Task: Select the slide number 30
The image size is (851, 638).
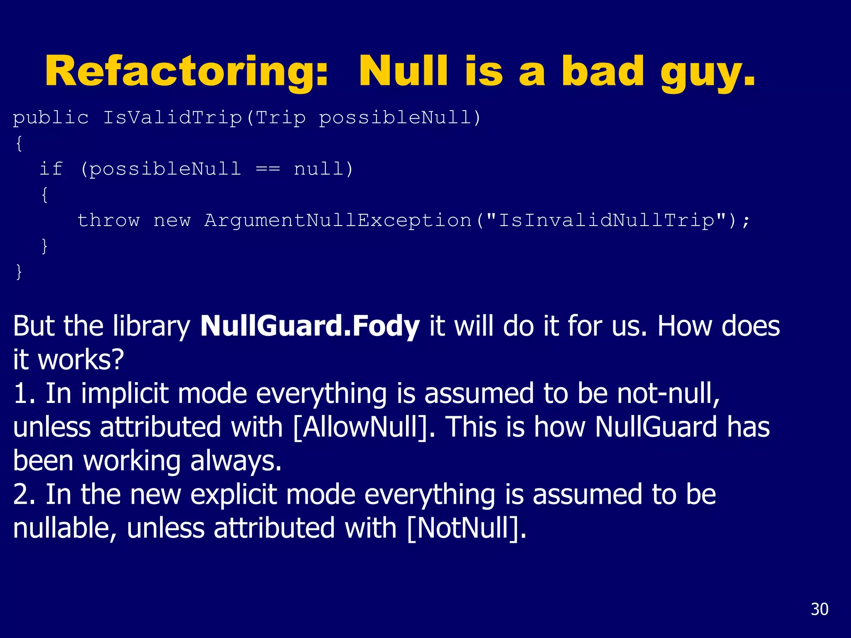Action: pyautogui.click(x=819, y=609)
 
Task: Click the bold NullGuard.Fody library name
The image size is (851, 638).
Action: pyautogui.click(x=310, y=326)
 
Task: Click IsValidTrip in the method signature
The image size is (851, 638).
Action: pyautogui.click(x=172, y=118)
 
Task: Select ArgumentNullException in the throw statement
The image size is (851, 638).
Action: pyautogui.click(x=338, y=220)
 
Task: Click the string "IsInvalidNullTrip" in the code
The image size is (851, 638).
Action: pyautogui.click(x=607, y=220)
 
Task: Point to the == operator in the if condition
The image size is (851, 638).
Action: pyautogui.click(x=268, y=169)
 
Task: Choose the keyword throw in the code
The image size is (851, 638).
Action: pyautogui.click(x=108, y=220)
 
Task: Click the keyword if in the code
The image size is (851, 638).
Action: pyautogui.click(x=51, y=169)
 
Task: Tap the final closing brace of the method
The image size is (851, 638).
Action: pyautogui.click(x=19, y=272)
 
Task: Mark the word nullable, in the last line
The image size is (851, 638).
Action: pyautogui.click(x=65, y=528)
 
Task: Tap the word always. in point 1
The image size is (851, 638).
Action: pyautogui.click(x=236, y=461)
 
